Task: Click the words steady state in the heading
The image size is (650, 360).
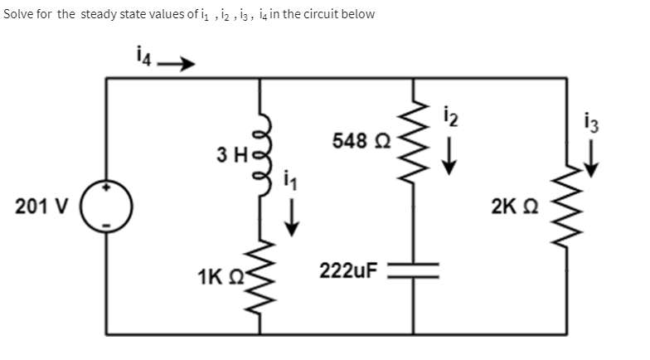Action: (114, 15)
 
